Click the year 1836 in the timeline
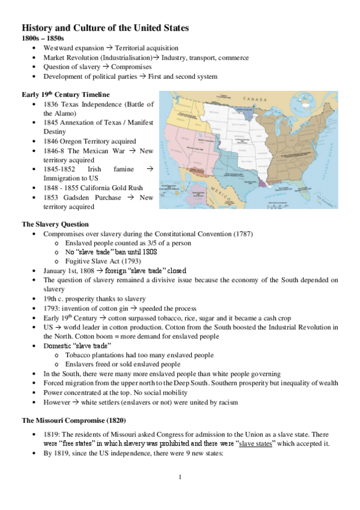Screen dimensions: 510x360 click(x=52, y=104)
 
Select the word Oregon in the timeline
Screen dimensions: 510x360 click(x=78, y=141)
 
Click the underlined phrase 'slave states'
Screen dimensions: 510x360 click(x=257, y=443)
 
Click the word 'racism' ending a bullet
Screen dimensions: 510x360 click(x=227, y=402)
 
